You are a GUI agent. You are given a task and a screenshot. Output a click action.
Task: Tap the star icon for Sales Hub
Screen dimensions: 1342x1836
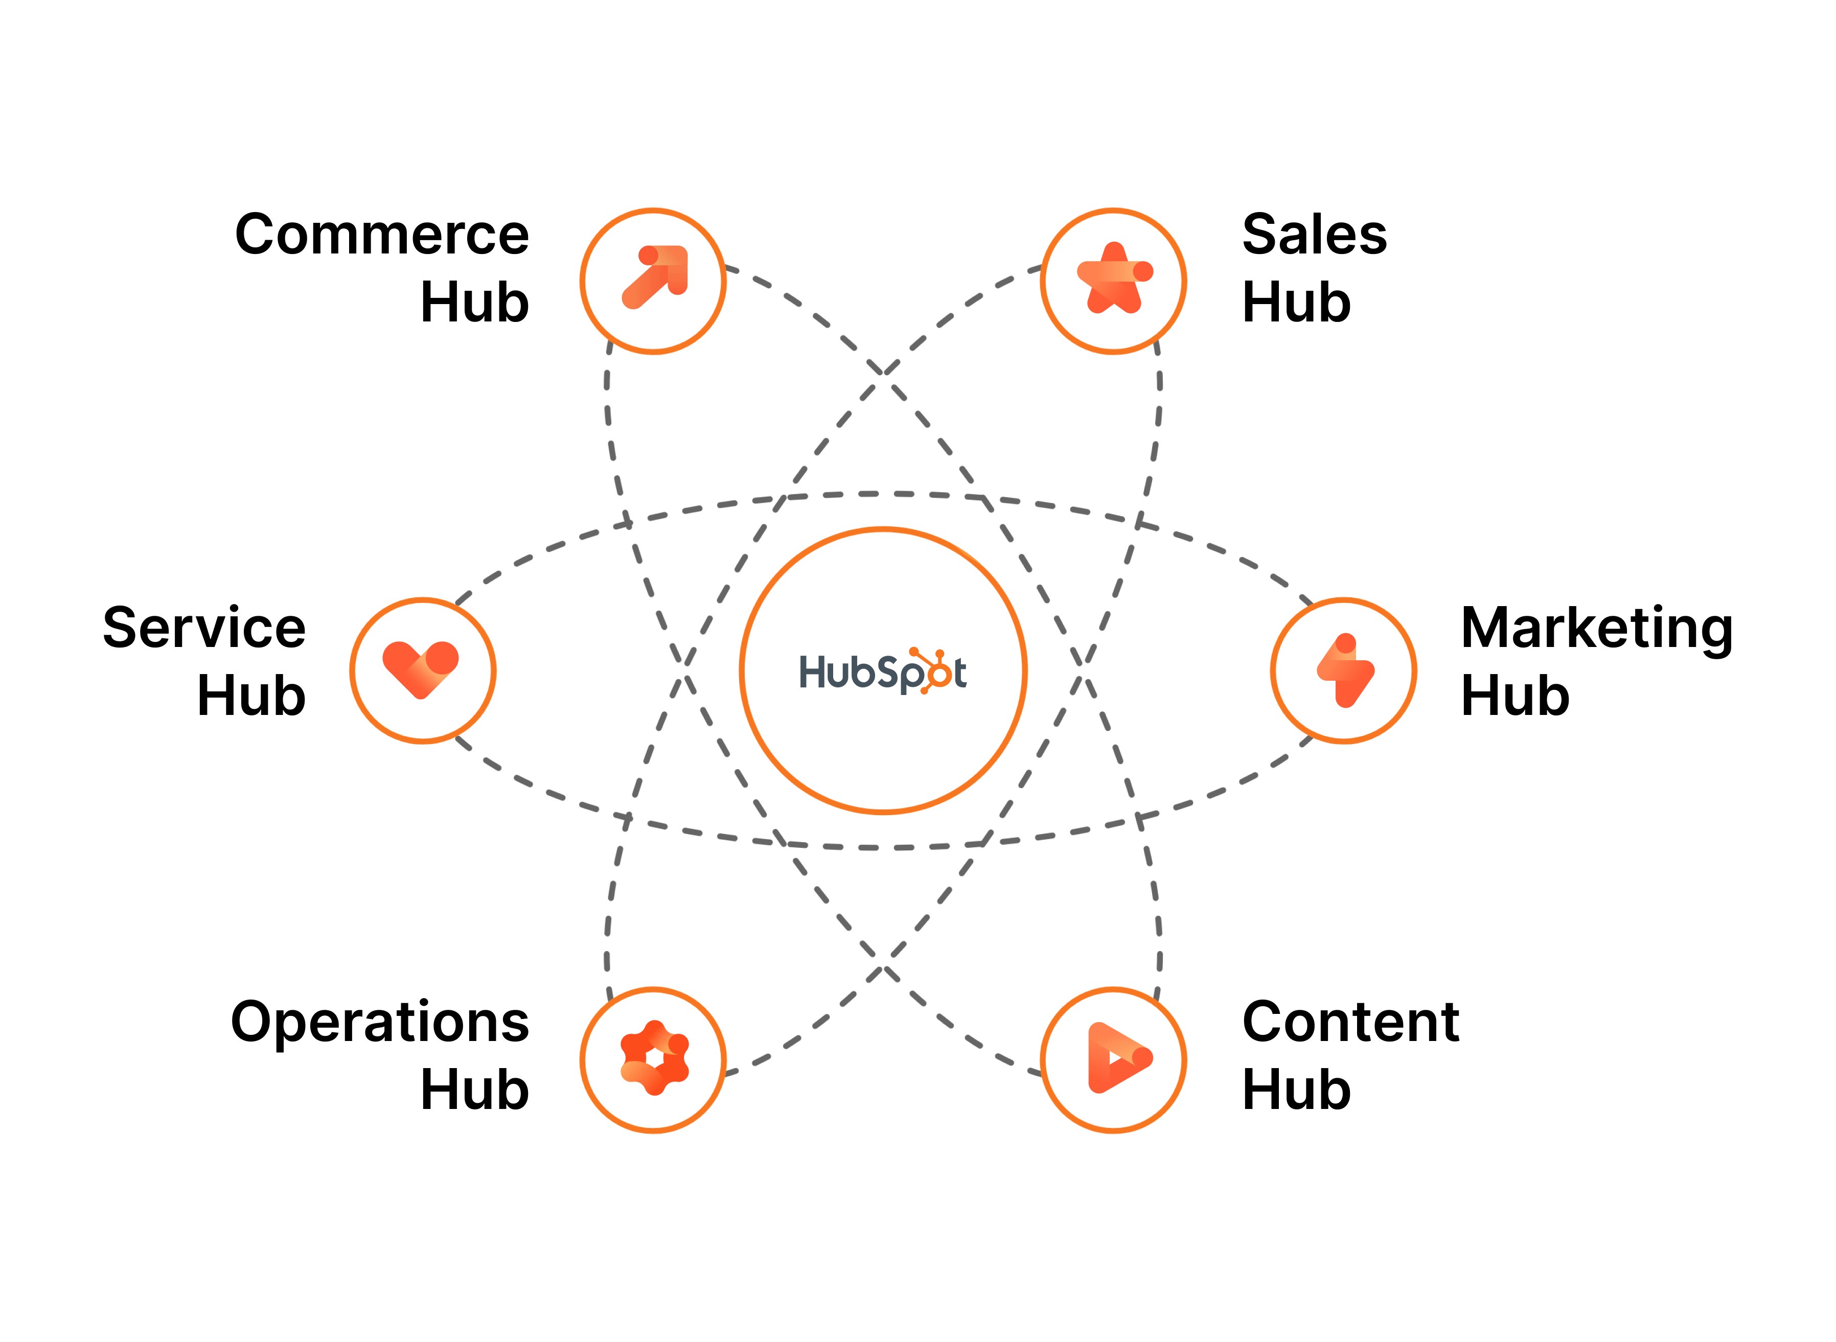[x=1114, y=279]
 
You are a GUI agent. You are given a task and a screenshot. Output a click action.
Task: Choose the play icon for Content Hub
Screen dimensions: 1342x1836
[x=1117, y=1058]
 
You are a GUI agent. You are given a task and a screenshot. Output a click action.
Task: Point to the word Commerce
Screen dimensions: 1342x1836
[x=382, y=235]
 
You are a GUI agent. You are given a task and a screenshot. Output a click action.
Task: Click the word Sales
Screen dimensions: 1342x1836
[x=1315, y=235]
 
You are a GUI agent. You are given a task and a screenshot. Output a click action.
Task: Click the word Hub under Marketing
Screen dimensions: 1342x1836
[x=1514, y=696]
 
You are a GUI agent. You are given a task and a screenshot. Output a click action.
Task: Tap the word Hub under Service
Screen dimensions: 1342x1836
[x=251, y=696]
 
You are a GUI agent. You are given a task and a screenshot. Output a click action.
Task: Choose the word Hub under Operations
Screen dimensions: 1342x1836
[x=474, y=1090]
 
